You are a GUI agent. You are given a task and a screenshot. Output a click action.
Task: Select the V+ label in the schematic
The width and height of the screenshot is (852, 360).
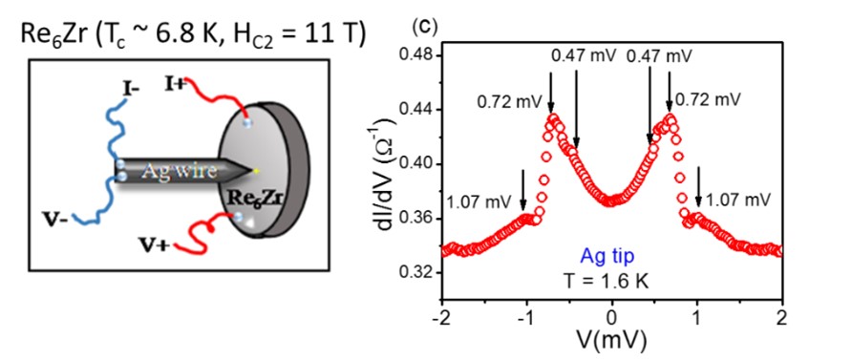tap(154, 278)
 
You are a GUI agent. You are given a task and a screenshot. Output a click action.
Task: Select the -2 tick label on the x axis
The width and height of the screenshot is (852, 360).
tap(440, 316)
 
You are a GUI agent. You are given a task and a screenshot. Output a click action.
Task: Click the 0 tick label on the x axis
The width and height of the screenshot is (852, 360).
tap(612, 316)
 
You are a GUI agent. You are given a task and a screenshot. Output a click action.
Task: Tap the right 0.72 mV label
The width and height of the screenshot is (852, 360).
tap(708, 98)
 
